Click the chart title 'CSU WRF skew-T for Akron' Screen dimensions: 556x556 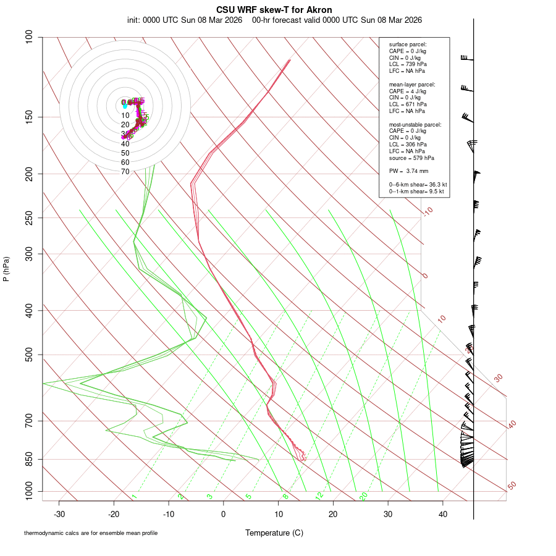(x=274, y=10)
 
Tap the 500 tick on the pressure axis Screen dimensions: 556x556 (x=30, y=355)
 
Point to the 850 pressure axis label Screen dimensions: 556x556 (x=30, y=459)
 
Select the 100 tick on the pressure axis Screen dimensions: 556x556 (x=30, y=37)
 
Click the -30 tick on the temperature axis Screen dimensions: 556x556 (x=59, y=513)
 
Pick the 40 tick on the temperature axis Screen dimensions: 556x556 (x=442, y=513)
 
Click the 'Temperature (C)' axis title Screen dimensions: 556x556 (x=274, y=533)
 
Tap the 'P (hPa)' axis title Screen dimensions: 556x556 (x=6, y=269)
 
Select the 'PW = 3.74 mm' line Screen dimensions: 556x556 (x=408, y=171)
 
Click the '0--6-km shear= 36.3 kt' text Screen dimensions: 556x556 (x=418, y=184)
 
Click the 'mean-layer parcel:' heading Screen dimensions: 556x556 (x=412, y=85)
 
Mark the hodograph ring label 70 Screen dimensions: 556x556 (x=125, y=172)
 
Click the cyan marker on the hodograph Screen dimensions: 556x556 (x=125, y=106)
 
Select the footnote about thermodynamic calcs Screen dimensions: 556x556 (x=91, y=533)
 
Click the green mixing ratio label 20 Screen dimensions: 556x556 (x=363, y=496)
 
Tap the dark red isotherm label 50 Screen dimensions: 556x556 (x=512, y=486)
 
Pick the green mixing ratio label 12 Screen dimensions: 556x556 (x=319, y=496)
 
